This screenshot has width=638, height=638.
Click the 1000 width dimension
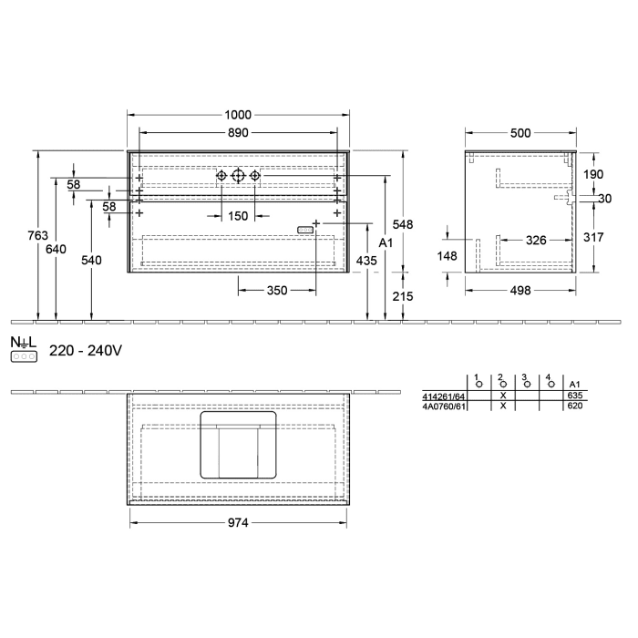[x=239, y=115]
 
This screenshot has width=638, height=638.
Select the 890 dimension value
[x=239, y=132]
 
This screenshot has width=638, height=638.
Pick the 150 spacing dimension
[x=238, y=216]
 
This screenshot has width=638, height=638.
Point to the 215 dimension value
[x=403, y=296]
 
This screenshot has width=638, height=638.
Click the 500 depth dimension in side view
[x=520, y=133]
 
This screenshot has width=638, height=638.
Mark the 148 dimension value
[x=447, y=256]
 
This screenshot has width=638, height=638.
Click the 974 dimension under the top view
[x=238, y=522]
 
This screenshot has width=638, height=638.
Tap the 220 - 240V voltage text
[x=86, y=350]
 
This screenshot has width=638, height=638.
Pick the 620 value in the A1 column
[x=574, y=406]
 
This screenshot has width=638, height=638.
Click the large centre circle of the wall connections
[x=238, y=176]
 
